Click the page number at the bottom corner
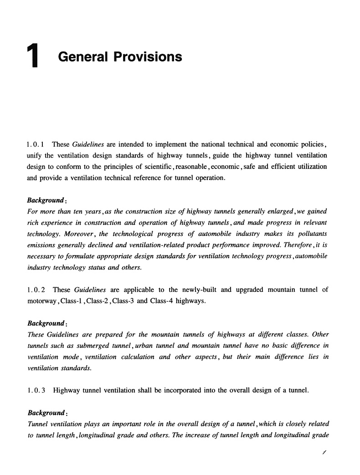324,452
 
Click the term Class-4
165,301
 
